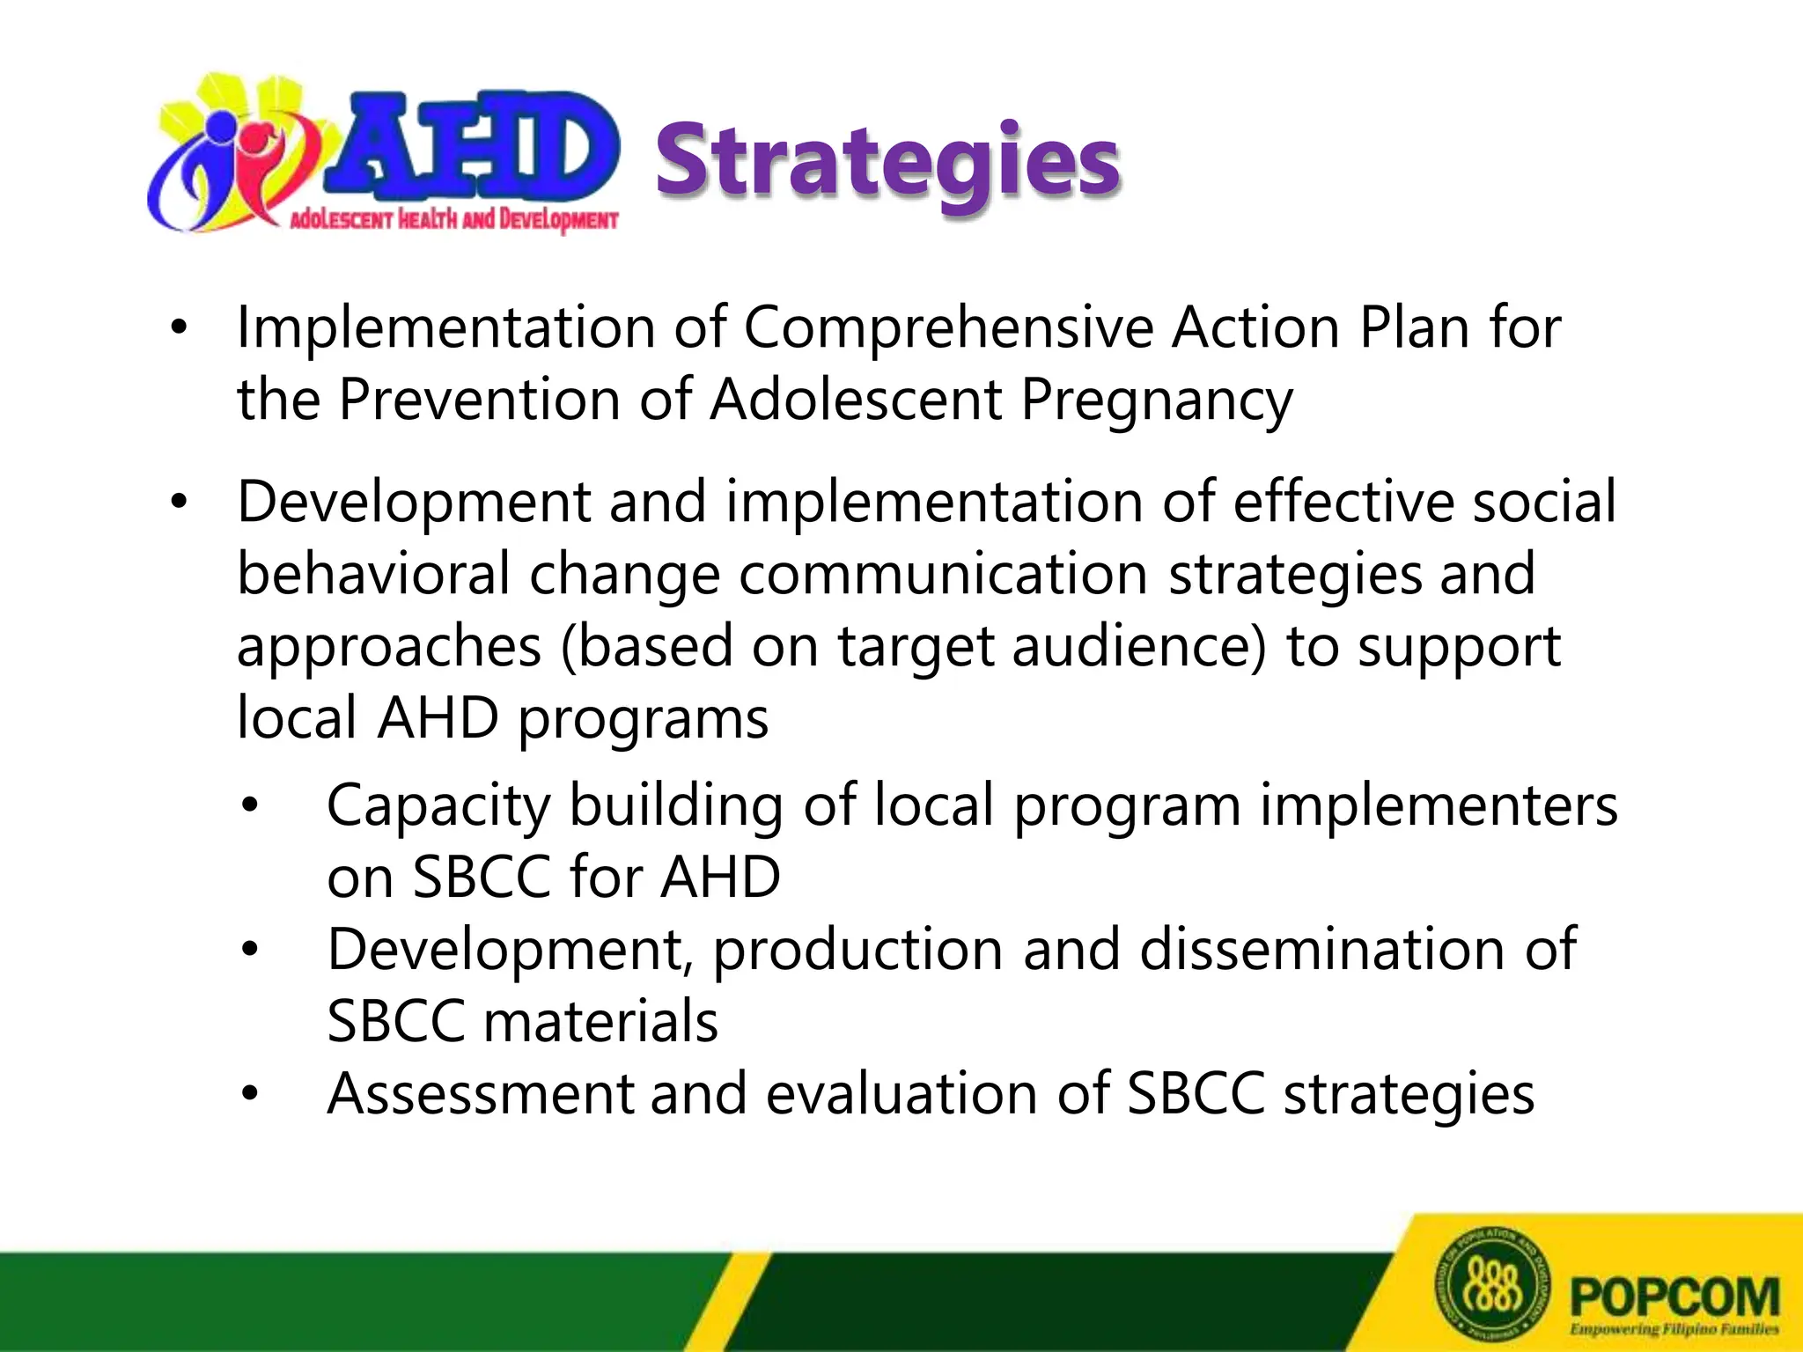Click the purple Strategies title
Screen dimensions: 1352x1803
click(x=887, y=160)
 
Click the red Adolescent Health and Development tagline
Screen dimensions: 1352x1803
click(x=454, y=219)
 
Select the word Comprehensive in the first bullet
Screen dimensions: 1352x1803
click(x=947, y=329)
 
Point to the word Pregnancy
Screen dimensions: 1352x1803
click(x=1156, y=401)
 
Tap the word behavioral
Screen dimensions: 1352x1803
click(x=373, y=574)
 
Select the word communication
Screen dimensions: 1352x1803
click(x=942, y=574)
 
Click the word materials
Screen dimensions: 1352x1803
click(x=600, y=1022)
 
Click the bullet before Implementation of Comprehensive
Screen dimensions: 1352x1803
click(x=180, y=329)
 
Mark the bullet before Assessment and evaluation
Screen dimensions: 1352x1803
click(x=251, y=1094)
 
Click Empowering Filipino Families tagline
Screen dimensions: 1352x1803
click(x=1674, y=1329)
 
